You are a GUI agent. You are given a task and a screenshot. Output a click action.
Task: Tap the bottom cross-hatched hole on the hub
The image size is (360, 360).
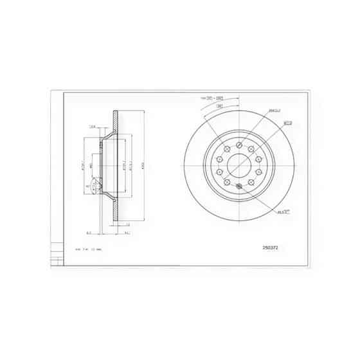click(x=240, y=186)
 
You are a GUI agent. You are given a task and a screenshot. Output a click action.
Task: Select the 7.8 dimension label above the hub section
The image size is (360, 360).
click(x=93, y=127)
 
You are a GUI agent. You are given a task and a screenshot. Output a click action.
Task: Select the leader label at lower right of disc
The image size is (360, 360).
click(x=283, y=211)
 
